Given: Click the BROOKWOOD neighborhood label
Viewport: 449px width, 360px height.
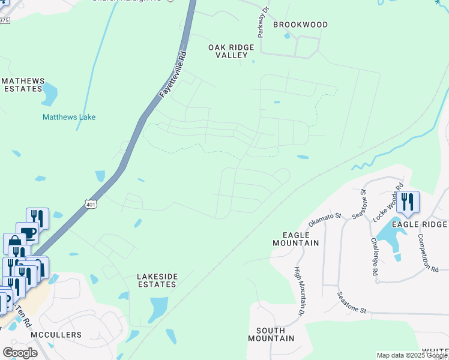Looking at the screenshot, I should tap(300, 25).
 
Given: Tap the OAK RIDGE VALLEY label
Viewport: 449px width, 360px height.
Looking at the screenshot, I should tap(231, 51).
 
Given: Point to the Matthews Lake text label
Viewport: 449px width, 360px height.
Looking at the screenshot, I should tap(69, 118).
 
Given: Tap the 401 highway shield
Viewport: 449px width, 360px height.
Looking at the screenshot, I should tap(90, 204).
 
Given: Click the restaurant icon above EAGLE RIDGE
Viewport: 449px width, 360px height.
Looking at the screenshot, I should tap(408, 202).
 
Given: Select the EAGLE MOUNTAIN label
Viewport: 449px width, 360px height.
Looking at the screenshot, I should tap(295, 238).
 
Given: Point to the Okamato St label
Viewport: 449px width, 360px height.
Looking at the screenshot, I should tap(325, 219).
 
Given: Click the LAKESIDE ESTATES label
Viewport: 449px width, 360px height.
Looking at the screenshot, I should tap(148, 280).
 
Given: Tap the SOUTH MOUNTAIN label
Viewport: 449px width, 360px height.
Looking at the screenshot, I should tap(275, 334).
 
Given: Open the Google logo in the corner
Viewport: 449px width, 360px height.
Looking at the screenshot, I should tap(20, 353).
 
